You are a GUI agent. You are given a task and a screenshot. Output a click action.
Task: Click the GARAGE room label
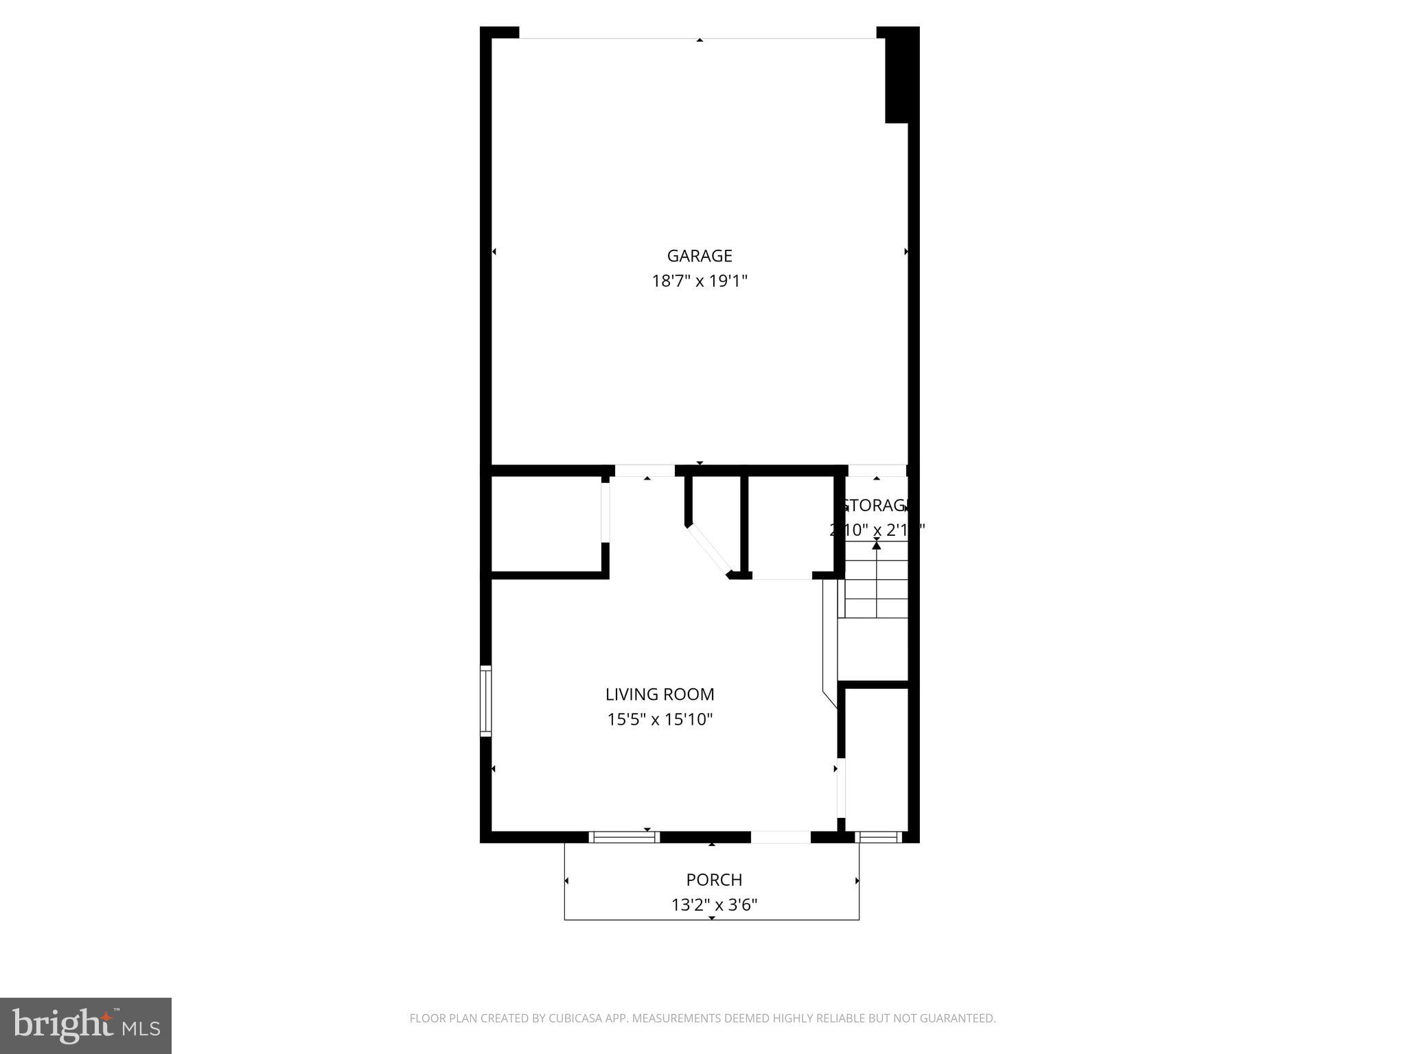699,256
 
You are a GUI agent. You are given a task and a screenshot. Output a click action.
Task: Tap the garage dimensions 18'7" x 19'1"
699,281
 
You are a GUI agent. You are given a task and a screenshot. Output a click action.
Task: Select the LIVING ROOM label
659,694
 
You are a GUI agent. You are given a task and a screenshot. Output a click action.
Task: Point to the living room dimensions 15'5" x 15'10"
659,720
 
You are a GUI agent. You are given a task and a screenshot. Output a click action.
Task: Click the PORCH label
714,880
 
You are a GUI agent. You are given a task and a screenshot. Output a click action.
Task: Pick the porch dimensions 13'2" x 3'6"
714,905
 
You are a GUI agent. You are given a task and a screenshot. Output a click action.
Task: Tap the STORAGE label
874,506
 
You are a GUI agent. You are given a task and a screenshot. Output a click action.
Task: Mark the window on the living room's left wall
485,701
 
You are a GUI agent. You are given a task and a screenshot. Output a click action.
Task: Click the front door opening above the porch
781,837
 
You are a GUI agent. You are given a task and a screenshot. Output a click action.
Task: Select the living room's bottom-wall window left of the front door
624,837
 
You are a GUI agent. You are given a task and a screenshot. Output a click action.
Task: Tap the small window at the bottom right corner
879,837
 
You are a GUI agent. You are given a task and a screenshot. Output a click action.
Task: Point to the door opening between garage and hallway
644,471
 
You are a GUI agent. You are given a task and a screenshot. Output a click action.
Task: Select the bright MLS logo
86,1025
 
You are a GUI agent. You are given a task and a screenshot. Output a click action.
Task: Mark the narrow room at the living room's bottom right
876,758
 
